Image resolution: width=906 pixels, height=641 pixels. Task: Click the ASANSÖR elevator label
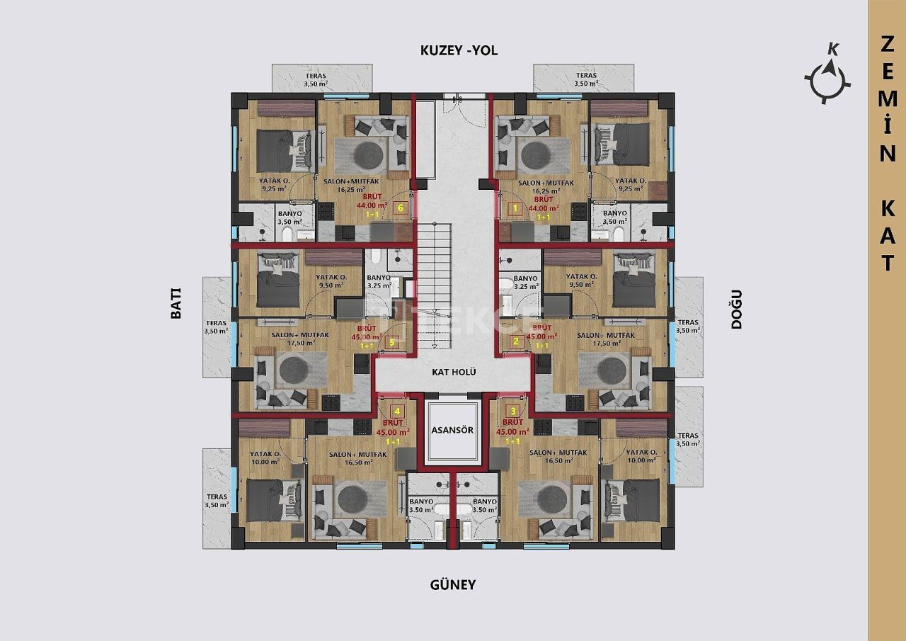pos(453,430)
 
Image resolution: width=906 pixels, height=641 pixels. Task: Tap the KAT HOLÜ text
pos(453,372)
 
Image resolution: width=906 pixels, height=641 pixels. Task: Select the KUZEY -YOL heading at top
pos(459,50)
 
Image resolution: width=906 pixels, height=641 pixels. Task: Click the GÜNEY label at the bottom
pos(453,585)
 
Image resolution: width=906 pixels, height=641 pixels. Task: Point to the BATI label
pos(176,304)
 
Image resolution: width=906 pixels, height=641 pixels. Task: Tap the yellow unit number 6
pos(401,208)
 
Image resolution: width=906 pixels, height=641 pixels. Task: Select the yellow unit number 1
pos(515,208)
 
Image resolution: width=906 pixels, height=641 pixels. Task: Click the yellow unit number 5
pos(393,342)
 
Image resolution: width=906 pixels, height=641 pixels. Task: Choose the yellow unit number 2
pos(516,342)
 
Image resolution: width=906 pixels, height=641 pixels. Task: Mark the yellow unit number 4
pos(397,411)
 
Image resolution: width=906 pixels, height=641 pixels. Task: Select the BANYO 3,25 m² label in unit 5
pos(379,283)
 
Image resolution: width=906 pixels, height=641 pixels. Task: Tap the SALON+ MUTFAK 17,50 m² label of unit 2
pos(606,339)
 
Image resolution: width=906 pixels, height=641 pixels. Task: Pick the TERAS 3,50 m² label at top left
pos(316,79)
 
